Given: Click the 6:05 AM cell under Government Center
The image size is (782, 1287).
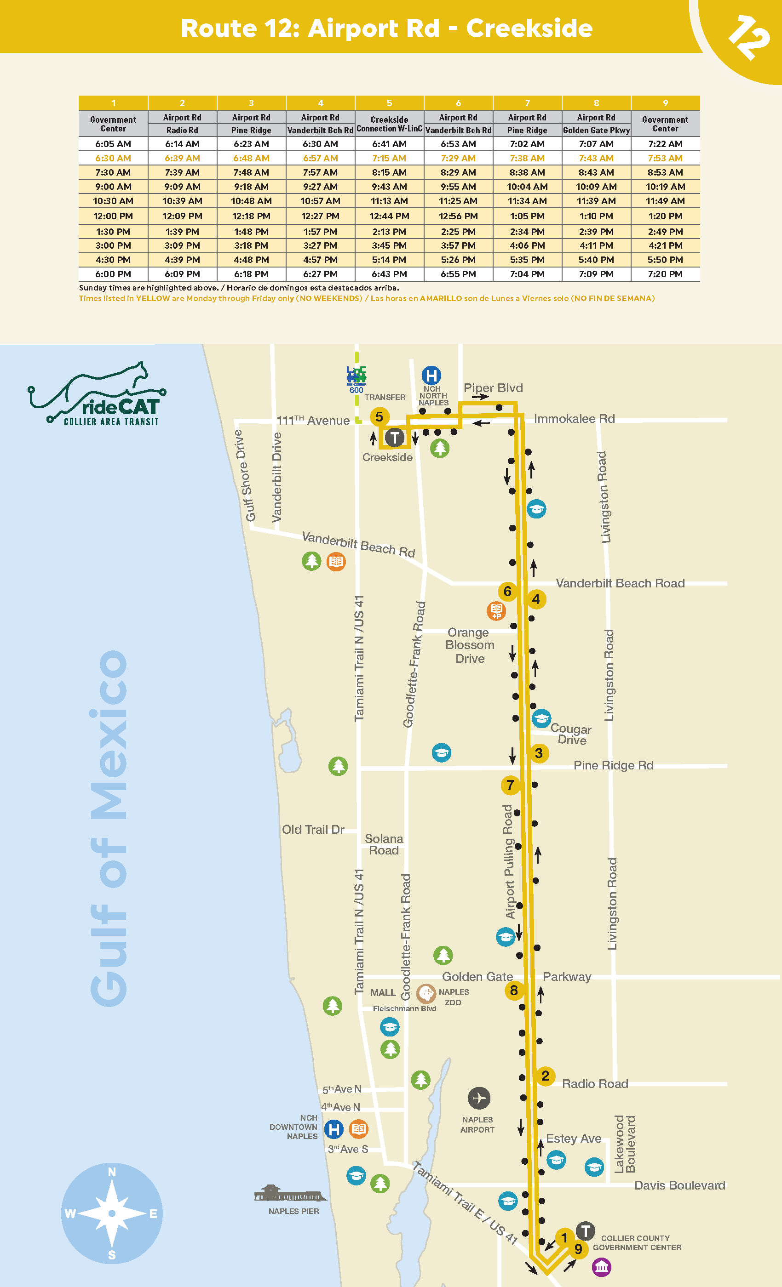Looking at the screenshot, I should pos(113,143).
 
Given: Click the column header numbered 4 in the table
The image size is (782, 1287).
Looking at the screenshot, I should pos(321,103).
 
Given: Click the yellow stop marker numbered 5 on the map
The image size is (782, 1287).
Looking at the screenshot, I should pos(379,416).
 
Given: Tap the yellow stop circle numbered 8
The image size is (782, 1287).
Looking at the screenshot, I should pos(514,990).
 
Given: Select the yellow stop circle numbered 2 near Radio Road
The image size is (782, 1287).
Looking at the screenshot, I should pos(545,1076).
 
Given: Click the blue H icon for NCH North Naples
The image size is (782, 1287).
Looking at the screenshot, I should pos(431,375).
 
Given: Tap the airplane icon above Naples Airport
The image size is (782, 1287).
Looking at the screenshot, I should pos(479,1098).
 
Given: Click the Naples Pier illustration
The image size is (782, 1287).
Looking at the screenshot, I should pos(290,1194).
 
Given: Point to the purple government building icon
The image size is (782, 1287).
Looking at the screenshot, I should pos(601,1267).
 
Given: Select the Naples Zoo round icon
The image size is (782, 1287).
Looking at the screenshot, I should pos(426,993).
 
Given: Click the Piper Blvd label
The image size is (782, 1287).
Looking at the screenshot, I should pos(493,387).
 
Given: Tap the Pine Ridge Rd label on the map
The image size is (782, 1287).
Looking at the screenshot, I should pos(613,765).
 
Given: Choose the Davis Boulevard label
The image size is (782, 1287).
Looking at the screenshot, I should pos(679,1185).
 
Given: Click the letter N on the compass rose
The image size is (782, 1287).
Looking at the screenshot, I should pos(112,1172).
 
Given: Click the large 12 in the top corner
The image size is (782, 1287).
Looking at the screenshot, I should pos(748,37).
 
